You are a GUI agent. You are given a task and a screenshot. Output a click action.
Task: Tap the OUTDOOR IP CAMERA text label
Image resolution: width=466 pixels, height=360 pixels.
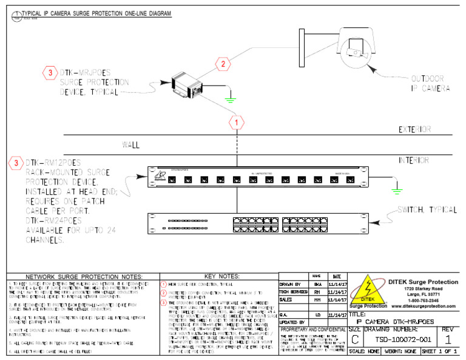(x=430, y=83)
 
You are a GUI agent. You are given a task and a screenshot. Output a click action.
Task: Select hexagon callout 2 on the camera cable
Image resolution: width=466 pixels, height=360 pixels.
(x=223, y=64)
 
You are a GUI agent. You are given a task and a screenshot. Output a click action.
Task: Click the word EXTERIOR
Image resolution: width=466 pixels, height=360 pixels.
(x=415, y=129)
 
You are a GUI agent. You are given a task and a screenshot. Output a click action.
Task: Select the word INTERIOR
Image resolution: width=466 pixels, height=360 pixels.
(x=415, y=161)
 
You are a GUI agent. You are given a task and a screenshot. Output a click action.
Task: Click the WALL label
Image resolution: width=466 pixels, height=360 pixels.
(x=132, y=145)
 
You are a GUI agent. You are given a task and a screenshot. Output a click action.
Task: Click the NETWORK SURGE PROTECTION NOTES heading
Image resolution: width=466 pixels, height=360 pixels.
(x=84, y=276)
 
